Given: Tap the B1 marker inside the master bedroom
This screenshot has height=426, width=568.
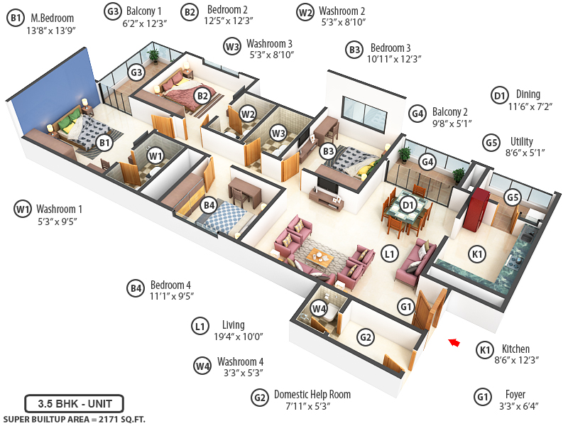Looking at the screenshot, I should tap(104, 143).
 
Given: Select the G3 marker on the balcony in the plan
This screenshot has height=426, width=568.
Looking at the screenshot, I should tap(137, 72).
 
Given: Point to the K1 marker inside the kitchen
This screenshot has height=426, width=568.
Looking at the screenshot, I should tap(478, 253).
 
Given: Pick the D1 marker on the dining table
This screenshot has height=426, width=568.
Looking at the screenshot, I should tap(408, 206).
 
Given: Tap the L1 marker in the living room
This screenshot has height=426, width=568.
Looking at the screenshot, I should tap(388, 253).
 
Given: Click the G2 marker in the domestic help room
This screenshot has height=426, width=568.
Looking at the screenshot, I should tap(365, 337).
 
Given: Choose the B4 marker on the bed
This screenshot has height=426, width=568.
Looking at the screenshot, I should tap(208, 205).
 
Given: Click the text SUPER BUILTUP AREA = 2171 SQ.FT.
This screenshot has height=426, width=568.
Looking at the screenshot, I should tap(74, 420).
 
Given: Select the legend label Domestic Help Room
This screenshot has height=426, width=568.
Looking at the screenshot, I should tap(312, 395).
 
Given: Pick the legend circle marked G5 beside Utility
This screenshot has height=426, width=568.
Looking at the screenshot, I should tap(491, 141).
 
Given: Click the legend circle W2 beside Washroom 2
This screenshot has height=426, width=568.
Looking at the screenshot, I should tap(305, 12).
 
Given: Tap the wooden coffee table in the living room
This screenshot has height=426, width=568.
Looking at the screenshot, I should tap(320, 257).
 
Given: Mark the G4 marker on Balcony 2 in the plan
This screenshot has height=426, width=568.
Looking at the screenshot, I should tap(427, 161).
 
